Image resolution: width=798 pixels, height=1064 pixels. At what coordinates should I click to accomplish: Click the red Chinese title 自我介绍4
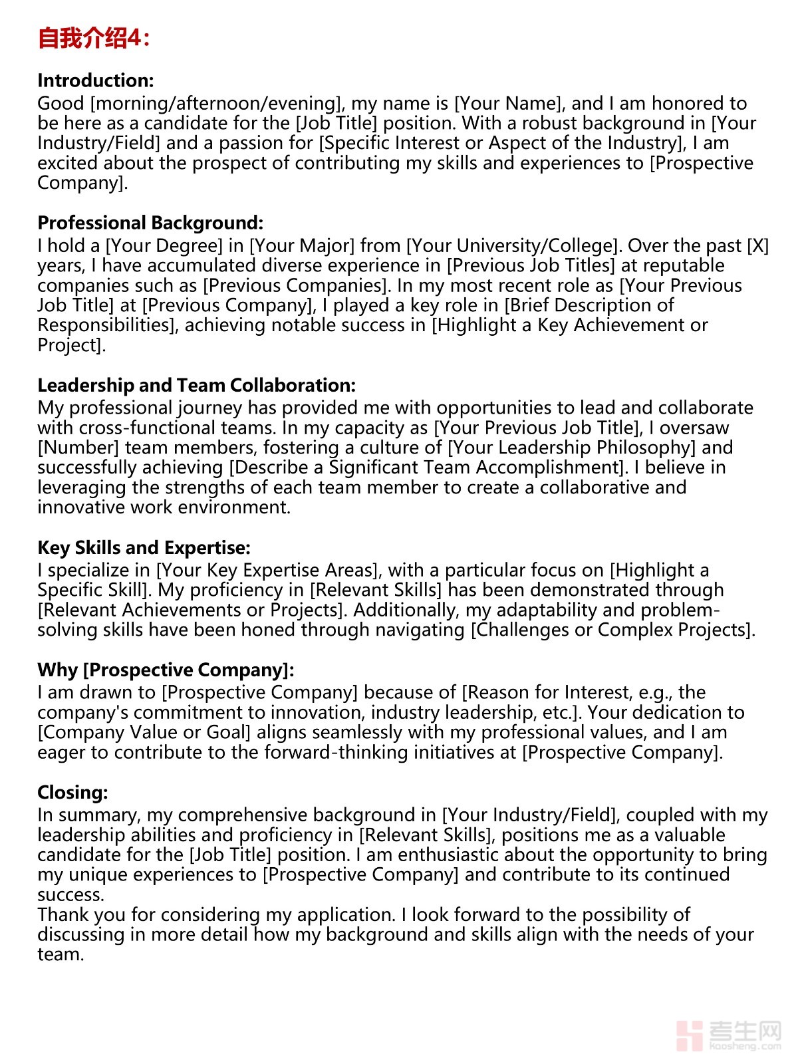pyautogui.click(x=94, y=38)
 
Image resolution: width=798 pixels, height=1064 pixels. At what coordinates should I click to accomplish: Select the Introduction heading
pyautogui.click(x=96, y=80)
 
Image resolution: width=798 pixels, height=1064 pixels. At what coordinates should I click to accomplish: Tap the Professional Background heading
pyautogui.click(x=150, y=223)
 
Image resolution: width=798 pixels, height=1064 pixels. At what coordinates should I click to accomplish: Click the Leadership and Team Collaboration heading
pyautogui.click(x=197, y=385)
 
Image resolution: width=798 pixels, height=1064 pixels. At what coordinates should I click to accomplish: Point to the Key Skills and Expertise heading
pyautogui.click(x=144, y=547)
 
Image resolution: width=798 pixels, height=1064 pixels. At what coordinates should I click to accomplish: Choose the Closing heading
pyautogui.click(x=72, y=792)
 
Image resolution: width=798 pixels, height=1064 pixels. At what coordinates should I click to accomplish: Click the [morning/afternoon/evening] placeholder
pyautogui.click(x=217, y=103)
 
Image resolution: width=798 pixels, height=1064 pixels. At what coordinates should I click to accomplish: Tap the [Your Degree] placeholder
pyautogui.click(x=164, y=245)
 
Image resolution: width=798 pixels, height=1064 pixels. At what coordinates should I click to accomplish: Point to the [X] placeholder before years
pyautogui.click(x=757, y=245)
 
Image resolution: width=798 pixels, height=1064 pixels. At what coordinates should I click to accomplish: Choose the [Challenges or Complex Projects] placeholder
pyautogui.click(x=612, y=630)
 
